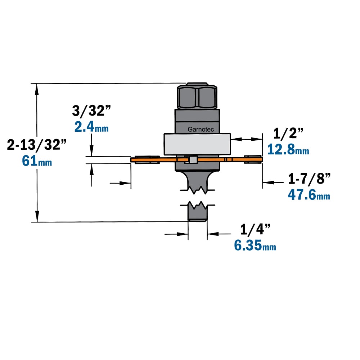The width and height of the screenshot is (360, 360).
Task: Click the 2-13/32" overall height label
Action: pyautogui.click(x=37, y=145)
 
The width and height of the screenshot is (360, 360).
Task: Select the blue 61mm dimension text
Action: pyautogui.click(x=37, y=161)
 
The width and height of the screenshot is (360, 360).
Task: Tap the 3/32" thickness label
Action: pyautogui.click(x=91, y=111)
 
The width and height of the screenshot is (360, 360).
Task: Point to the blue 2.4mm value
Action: pyautogui.click(x=91, y=127)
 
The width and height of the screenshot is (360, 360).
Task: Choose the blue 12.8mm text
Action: pyautogui.click(x=288, y=149)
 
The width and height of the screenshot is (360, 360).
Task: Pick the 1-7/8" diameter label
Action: pyautogui.click(x=310, y=179)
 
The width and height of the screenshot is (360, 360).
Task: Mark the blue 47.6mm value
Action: pyautogui.click(x=309, y=195)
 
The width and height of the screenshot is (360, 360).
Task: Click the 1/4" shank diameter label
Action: pyautogui.click(x=255, y=229)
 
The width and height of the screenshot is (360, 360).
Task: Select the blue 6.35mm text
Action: pyautogui.click(x=255, y=245)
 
